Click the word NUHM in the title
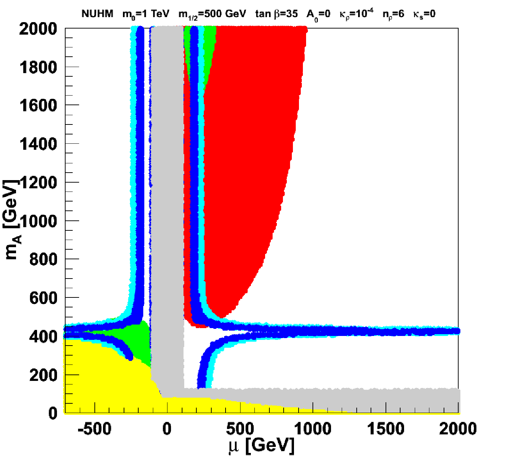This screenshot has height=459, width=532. [x=97, y=14]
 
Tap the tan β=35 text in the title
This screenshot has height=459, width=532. [x=277, y=14]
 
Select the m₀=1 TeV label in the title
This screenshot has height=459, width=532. [x=146, y=14]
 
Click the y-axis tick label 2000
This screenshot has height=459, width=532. [x=38, y=29]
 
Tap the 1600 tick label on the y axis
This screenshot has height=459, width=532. [x=38, y=106]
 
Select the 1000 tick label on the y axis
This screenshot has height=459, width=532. [x=38, y=221]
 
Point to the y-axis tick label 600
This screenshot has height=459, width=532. [x=43, y=298]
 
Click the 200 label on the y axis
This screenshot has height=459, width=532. [x=43, y=375]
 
